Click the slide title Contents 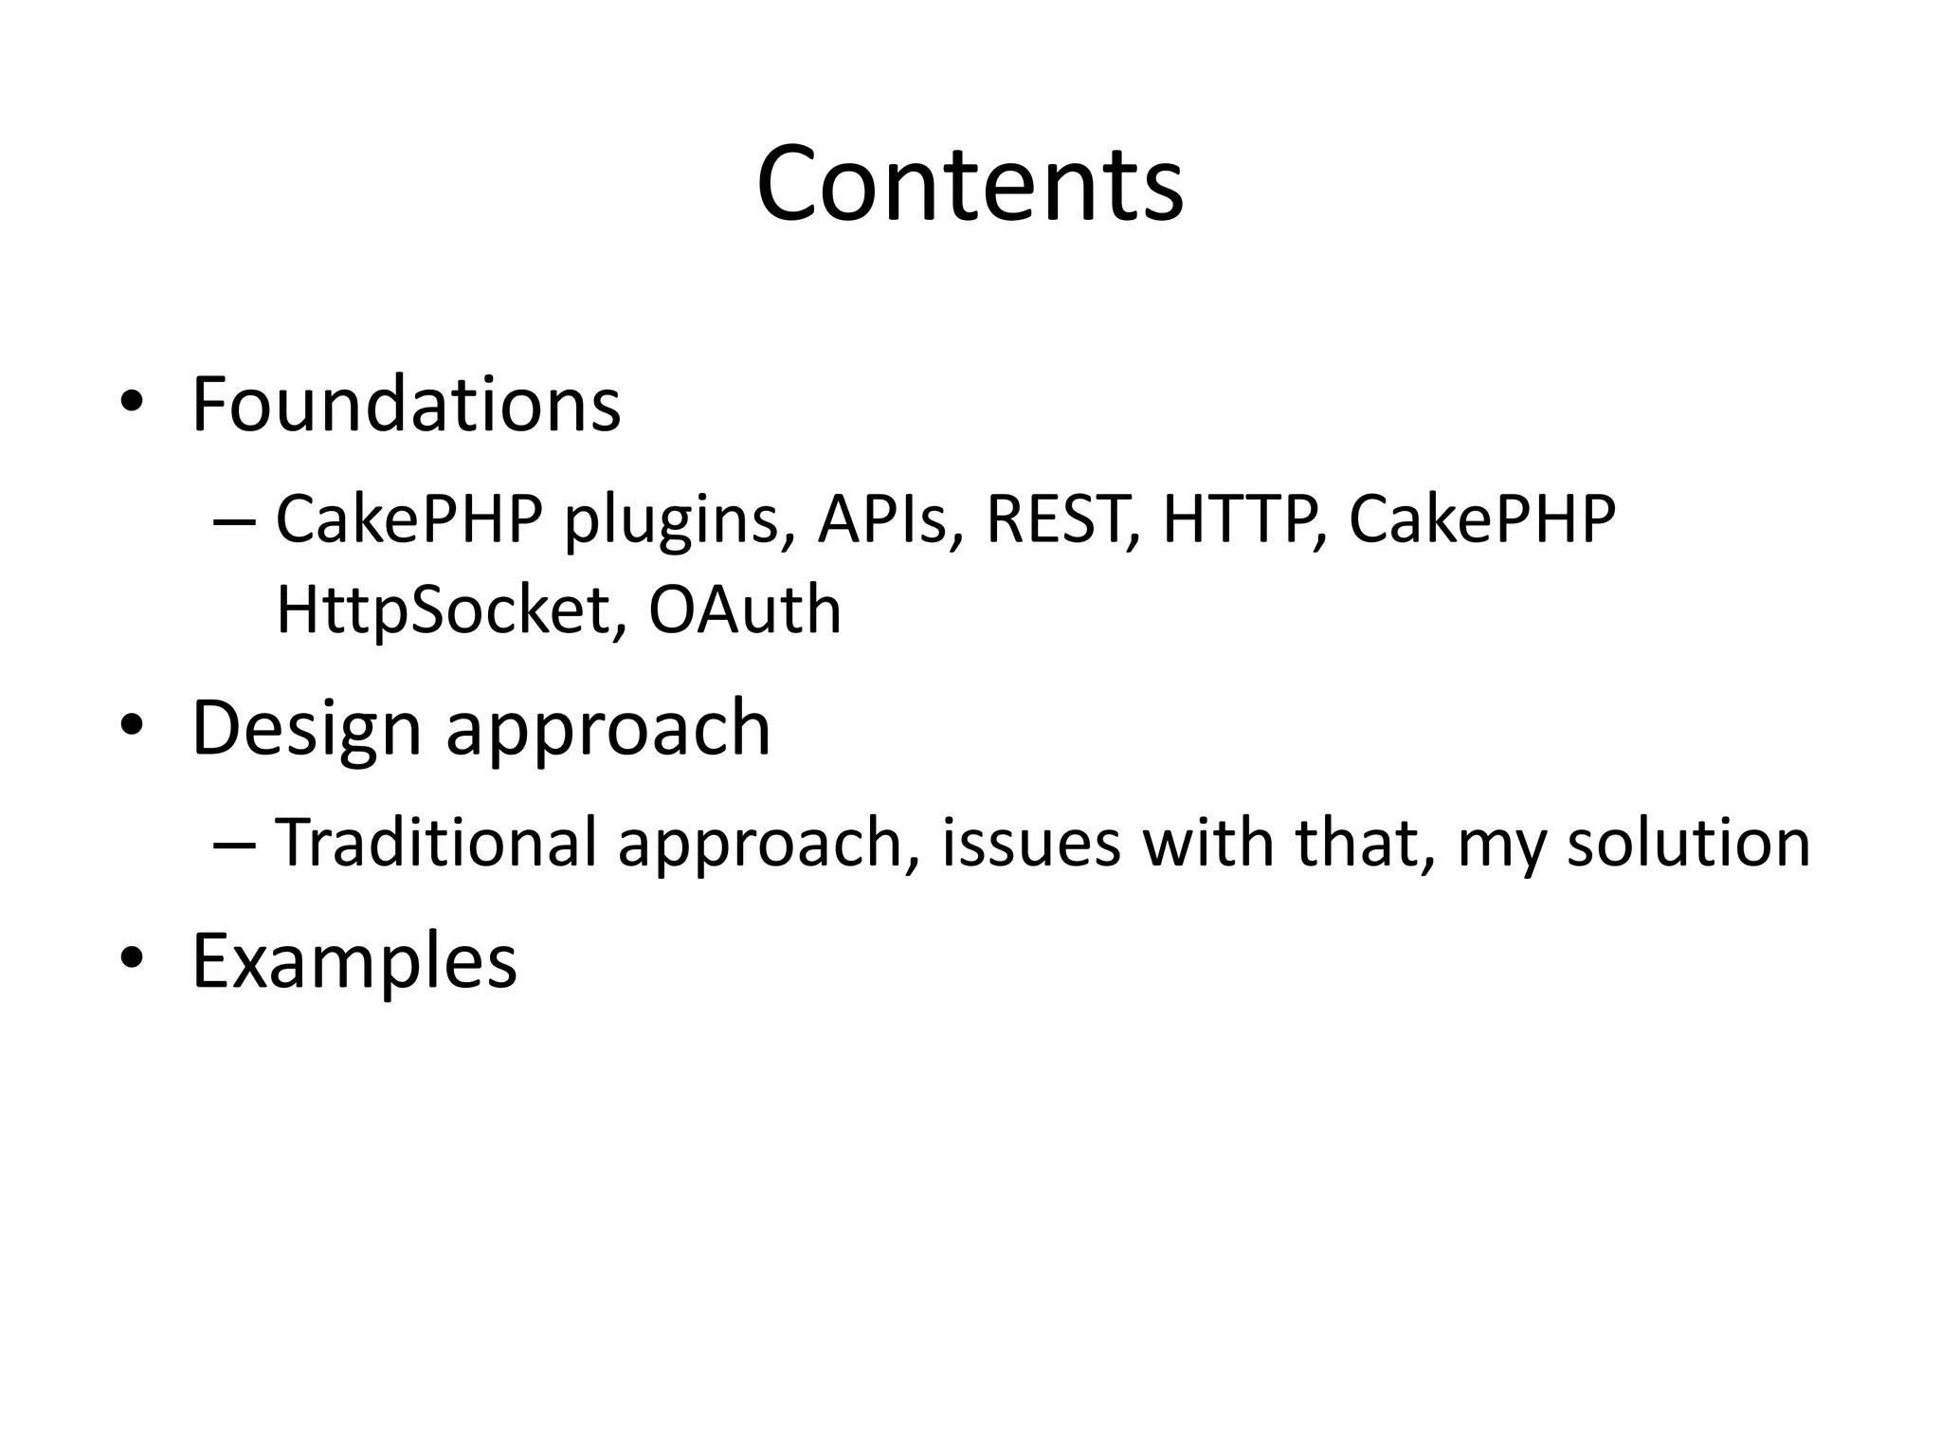tap(970, 184)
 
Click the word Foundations tap(406, 405)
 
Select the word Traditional tap(435, 843)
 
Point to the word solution tap(1688, 843)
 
